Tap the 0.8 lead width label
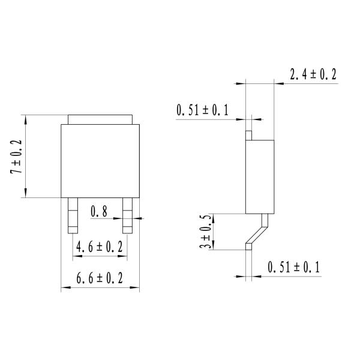tap(99, 211)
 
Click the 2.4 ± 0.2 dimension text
tap(313, 74)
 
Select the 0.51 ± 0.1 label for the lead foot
tap(293, 266)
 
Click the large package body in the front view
tap(100, 161)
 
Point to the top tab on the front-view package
tap(100, 119)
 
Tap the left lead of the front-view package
tap(73, 215)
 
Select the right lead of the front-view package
tap(127, 215)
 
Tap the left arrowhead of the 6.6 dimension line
tap(64, 289)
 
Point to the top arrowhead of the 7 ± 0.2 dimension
tap(25, 118)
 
